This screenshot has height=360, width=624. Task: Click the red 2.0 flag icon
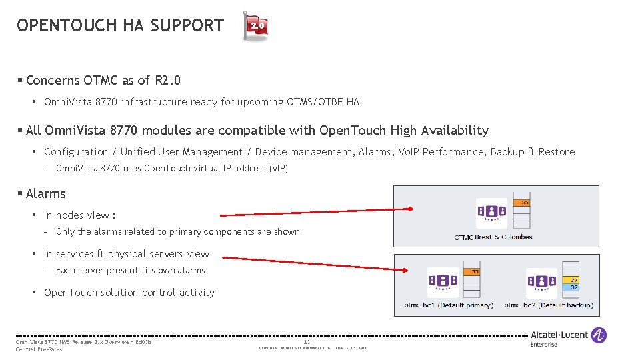(x=257, y=26)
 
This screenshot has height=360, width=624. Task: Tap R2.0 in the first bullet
(x=167, y=81)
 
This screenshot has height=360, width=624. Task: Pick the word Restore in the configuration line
(x=556, y=152)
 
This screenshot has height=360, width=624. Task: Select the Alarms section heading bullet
(x=45, y=194)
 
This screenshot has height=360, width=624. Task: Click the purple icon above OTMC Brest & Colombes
(x=491, y=213)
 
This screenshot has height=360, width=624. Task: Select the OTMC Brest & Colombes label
(x=493, y=237)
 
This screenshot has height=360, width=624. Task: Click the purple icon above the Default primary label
(x=443, y=283)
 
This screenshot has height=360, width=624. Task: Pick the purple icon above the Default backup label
(x=541, y=283)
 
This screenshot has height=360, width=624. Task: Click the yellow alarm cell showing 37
(x=573, y=279)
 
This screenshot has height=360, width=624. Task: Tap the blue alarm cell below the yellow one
(x=573, y=287)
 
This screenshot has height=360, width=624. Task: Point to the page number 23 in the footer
(x=307, y=342)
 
